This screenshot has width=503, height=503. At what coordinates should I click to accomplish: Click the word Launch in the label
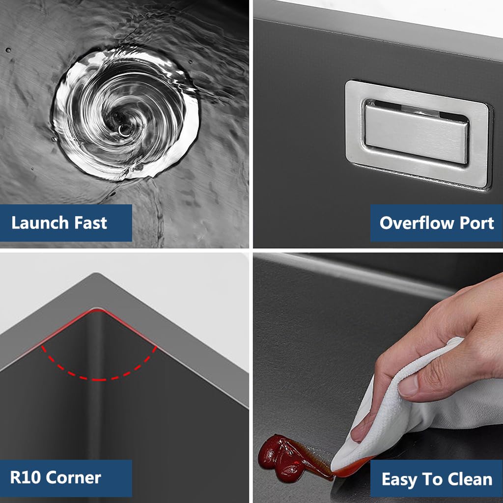pyautogui.click(x=40, y=223)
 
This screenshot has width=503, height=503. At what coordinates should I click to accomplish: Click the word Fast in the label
pyautogui.click(x=90, y=223)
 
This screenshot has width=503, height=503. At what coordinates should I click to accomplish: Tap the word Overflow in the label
pyautogui.click(x=417, y=223)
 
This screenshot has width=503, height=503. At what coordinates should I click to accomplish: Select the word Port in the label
pyautogui.click(x=476, y=223)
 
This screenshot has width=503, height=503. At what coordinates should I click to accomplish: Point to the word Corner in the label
pyautogui.click(x=74, y=477)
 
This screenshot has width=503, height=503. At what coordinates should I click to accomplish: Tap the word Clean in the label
pyautogui.click(x=470, y=479)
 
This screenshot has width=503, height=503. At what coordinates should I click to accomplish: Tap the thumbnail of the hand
pyautogui.click(x=407, y=385)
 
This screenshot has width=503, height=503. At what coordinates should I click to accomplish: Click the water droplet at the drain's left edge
pyautogui.click(x=54, y=139)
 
